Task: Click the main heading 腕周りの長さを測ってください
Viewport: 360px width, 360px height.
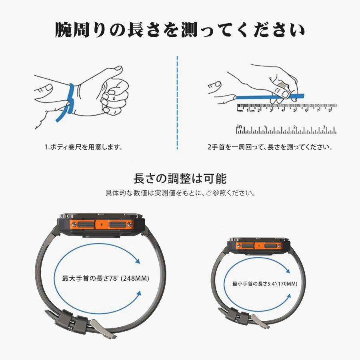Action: [180, 30]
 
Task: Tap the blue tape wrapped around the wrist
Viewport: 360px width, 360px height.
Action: [71, 100]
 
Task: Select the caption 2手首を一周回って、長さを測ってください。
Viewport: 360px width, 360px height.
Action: [270, 147]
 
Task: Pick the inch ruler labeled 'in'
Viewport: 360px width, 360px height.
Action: [286, 129]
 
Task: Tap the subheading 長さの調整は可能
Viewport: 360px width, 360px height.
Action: [180, 178]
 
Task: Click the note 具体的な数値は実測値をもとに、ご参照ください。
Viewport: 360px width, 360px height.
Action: [180, 193]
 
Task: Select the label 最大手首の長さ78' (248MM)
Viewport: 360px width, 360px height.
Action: [106, 278]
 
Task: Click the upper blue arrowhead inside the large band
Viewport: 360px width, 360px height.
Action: [138, 262]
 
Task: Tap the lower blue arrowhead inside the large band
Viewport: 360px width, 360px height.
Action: [138, 294]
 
